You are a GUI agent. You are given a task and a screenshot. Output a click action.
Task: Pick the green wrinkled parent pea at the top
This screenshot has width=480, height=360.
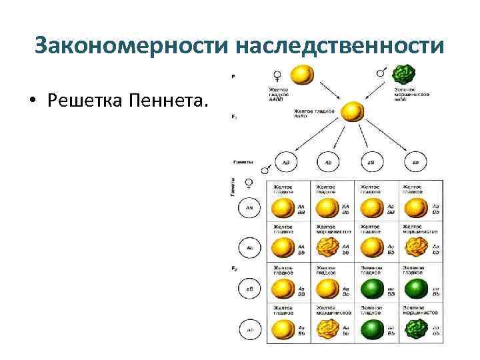tap(404, 73)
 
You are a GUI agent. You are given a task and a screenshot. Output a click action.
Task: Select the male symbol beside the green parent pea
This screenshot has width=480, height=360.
tap(382, 71)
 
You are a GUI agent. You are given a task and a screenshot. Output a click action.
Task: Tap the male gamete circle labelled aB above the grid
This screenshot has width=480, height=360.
tap(371, 162)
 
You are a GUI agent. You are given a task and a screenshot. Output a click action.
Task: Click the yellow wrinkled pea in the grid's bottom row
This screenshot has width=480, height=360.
tap(327, 329)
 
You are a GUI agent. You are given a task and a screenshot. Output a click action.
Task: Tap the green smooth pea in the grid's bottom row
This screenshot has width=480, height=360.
tap(371, 329)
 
